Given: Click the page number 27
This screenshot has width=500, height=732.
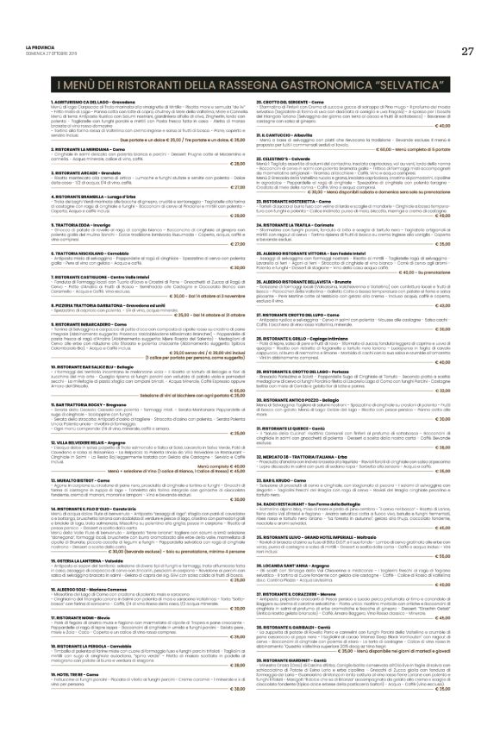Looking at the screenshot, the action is pyautogui.click(x=467, y=51).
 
